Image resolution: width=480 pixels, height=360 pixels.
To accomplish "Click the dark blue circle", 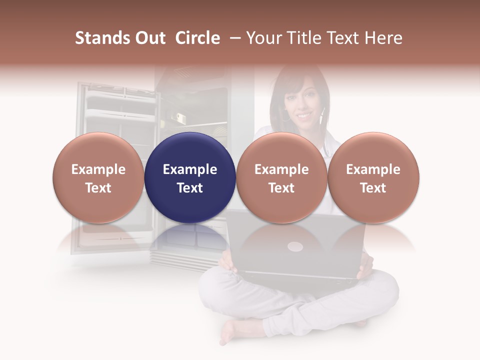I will point(190,177).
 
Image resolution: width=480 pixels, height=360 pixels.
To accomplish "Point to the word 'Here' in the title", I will point(383,38).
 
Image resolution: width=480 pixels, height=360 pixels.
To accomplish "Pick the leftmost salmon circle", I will point(98,177).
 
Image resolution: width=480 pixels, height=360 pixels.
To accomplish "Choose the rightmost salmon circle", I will point(373,177).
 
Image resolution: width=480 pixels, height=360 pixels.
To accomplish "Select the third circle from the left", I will point(281,177).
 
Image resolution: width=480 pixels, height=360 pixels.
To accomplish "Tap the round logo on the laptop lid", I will point(295,246).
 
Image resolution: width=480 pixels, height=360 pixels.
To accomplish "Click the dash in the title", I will point(236,38).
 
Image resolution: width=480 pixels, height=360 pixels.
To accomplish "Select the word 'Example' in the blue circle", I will point(190,169).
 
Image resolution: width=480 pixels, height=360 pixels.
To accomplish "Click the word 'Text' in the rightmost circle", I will point(373,188).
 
